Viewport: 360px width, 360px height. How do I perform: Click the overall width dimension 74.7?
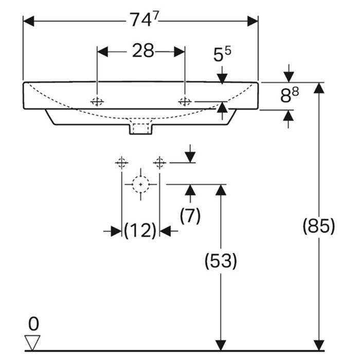pos(141,21)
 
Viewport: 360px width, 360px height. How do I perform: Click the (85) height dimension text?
pos(319,226)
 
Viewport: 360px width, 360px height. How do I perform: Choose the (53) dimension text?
pos(221,261)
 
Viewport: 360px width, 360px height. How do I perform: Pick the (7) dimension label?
pos(190,216)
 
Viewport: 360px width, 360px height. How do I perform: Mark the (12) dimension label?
pos(140,231)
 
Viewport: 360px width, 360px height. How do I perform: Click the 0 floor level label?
pos(33,323)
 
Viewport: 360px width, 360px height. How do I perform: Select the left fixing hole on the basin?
pos(97,101)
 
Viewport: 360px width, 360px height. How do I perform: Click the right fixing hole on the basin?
pos(184,101)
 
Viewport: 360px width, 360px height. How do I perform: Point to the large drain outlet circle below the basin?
pos(140,184)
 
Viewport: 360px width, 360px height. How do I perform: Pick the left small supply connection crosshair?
pos(121,163)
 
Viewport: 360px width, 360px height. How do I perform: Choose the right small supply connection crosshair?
pos(159,163)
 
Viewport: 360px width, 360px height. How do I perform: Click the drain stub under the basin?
pos(140,128)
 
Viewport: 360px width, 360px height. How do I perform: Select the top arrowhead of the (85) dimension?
pos(319,87)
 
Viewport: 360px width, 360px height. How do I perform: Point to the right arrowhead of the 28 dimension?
pos(179,51)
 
